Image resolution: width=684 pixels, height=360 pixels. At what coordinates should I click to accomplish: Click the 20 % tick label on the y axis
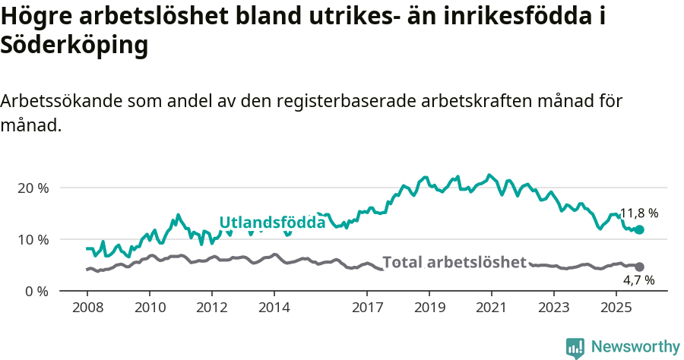point(32,188)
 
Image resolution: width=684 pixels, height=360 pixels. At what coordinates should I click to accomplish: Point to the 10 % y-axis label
point(32,239)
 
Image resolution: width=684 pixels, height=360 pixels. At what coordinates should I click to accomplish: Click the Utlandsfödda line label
point(272,223)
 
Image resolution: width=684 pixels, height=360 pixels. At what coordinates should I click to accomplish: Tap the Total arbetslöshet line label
point(454,263)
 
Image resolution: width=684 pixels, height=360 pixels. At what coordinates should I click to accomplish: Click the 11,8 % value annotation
point(638,213)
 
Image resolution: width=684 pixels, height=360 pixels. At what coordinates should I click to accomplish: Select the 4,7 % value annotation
point(638,280)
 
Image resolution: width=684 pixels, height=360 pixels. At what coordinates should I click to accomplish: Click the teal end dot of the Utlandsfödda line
point(639,229)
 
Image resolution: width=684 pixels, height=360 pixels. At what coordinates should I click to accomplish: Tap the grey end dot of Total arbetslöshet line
point(639,267)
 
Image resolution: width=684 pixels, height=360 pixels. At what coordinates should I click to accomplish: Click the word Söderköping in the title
point(74,46)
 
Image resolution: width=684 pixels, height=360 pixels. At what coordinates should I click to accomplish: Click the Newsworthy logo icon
point(575,347)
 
